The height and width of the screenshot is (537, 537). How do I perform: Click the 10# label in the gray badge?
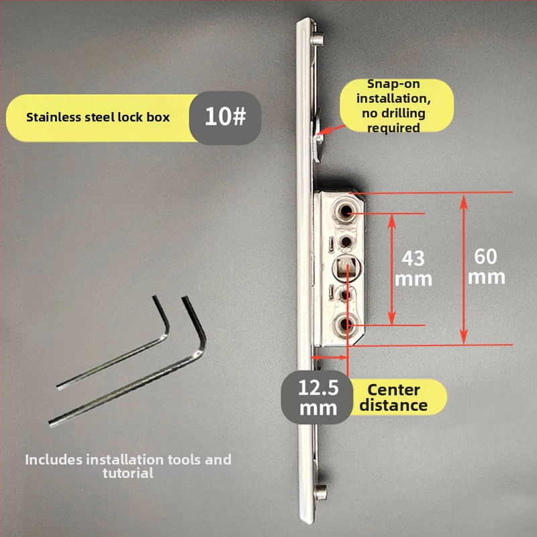[x=225, y=116]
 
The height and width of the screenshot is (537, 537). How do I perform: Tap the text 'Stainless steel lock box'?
[x=98, y=117]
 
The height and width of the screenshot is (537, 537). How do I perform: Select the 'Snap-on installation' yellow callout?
[x=397, y=105]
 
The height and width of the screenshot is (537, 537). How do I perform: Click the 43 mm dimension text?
[x=413, y=269]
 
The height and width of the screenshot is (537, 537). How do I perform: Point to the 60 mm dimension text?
[x=486, y=266]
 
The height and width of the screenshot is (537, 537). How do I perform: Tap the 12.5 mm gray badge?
[x=317, y=397]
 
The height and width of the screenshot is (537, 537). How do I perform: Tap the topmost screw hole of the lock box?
[x=346, y=211]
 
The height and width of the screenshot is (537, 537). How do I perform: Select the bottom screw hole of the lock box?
[x=345, y=324]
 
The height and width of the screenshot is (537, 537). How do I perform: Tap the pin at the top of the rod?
[x=317, y=40]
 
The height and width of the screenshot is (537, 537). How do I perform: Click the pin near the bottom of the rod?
[x=321, y=493]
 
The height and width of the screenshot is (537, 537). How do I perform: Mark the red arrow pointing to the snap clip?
[x=331, y=130]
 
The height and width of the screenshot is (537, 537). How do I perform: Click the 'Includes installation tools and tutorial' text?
[x=128, y=466]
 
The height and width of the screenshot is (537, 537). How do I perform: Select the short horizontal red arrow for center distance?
[x=330, y=358]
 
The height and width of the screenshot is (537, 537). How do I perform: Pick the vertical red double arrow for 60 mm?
[x=464, y=269]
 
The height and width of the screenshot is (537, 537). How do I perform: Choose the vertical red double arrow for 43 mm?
[x=393, y=269]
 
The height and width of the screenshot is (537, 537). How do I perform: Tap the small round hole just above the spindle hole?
[x=346, y=242]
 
